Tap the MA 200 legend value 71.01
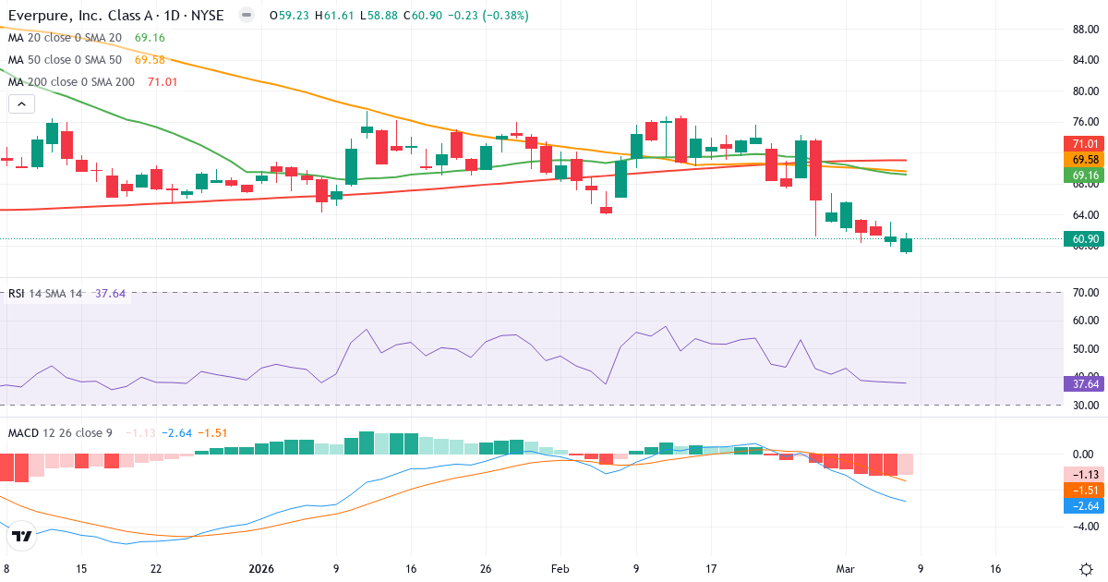pyautogui.click(x=163, y=82)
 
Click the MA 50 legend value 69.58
pyautogui.click(x=150, y=60)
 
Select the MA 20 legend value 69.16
pyautogui.click(x=150, y=38)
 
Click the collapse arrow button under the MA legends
pyautogui.click(x=19, y=104)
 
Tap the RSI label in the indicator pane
pyautogui.click(x=17, y=294)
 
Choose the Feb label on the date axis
pyautogui.click(x=560, y=569)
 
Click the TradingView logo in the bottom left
pyautogui.click(x=22, y=536)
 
